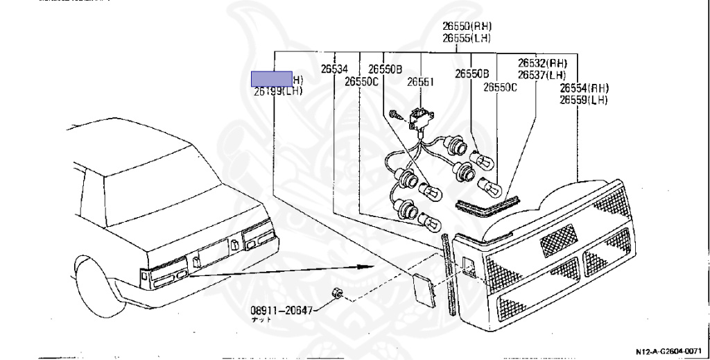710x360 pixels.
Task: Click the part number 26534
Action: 334,69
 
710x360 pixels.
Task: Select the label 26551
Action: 420,81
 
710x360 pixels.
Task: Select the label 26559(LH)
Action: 585,100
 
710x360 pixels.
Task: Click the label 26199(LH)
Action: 277,90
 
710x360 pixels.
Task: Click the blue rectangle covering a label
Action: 272,78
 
